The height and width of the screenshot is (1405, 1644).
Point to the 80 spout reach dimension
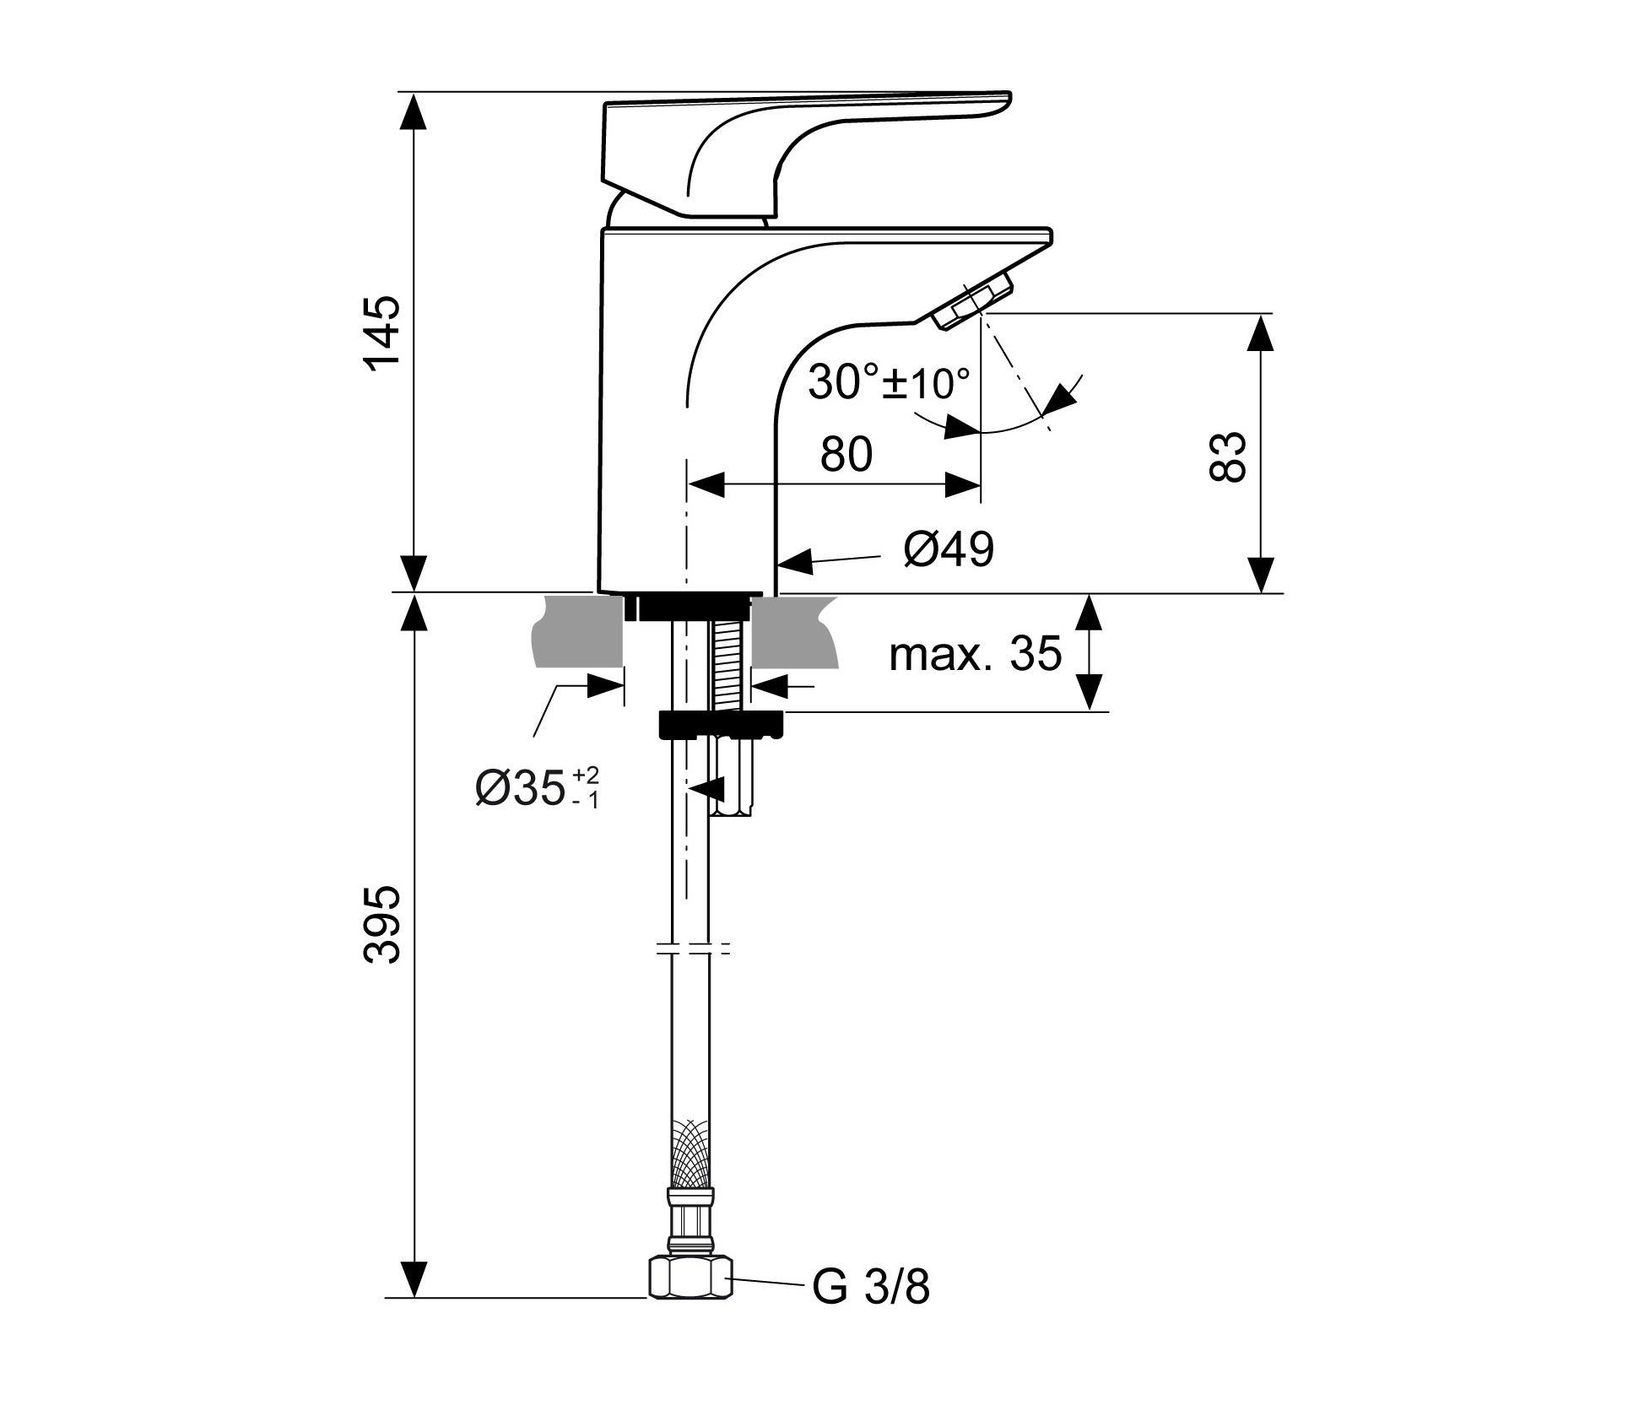[846, 455]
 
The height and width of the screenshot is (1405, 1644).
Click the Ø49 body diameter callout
[949, 549]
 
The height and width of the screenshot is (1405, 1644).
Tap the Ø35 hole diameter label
[537, 788]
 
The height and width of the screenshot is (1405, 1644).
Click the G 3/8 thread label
[871, 1288]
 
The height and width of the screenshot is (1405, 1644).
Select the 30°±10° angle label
[889, 383]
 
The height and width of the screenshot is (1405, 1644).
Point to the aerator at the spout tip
[974, 302]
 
